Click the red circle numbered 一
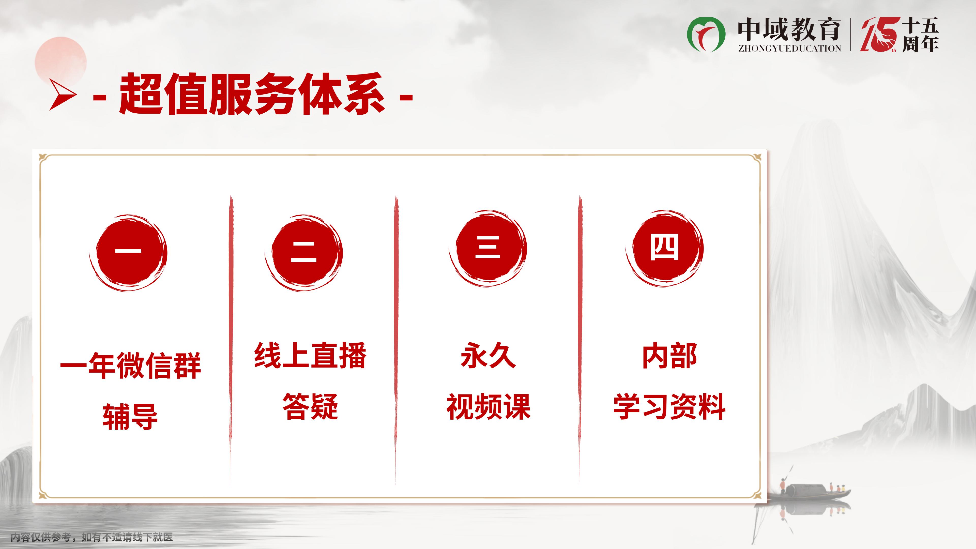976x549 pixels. [x=128, y=253]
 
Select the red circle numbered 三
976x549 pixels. [x=488, y=248]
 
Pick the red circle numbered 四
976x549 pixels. [x=665, y=248]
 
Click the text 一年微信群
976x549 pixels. [x=130, y=366]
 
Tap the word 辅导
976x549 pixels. [x=130, y=416]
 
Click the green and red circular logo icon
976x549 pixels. [x=706, y=34]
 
